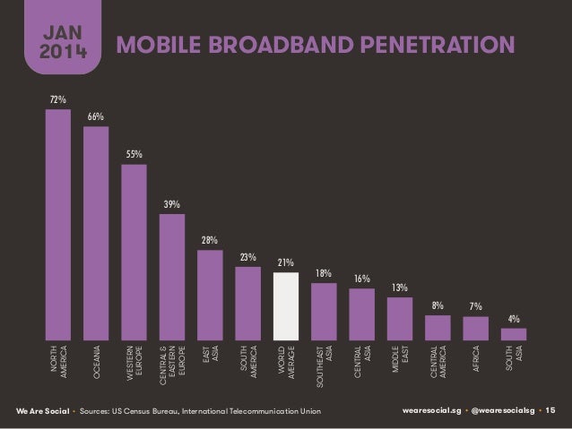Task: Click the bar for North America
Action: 57,225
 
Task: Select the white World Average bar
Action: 286,306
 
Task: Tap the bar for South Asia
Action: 514,334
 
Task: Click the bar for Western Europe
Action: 134,252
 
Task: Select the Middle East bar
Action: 400,319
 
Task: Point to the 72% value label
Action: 57,99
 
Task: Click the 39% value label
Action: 171,205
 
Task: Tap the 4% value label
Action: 514,319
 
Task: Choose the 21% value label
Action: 286,262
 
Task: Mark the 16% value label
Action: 361,279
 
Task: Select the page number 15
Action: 550,410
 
